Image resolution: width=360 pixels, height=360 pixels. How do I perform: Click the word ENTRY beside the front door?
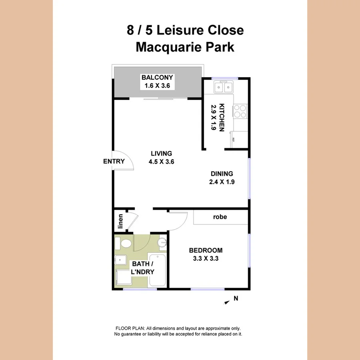point(114,162)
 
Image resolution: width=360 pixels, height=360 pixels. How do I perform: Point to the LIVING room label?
point(161,153)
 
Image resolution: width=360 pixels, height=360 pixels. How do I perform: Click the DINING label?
point(222,174)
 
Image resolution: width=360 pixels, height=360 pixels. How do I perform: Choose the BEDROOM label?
point(206,250)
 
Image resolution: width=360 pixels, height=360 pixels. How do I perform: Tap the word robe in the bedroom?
point(220,217)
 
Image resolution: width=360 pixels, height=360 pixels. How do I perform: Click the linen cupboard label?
point(120,222)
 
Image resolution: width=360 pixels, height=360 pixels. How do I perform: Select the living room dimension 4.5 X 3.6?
point(161,162)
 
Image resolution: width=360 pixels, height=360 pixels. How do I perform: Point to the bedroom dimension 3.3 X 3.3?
point(206,259)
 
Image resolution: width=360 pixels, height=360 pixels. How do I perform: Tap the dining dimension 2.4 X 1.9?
point(222,182)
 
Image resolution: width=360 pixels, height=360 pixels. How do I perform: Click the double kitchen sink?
point(223,86)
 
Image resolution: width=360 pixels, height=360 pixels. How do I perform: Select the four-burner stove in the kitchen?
point(240,111)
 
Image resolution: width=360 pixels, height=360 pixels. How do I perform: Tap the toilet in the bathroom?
point(125,243)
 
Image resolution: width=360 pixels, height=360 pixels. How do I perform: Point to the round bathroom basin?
point(162,242)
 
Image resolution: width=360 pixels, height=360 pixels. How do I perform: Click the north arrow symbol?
point(227,303)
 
